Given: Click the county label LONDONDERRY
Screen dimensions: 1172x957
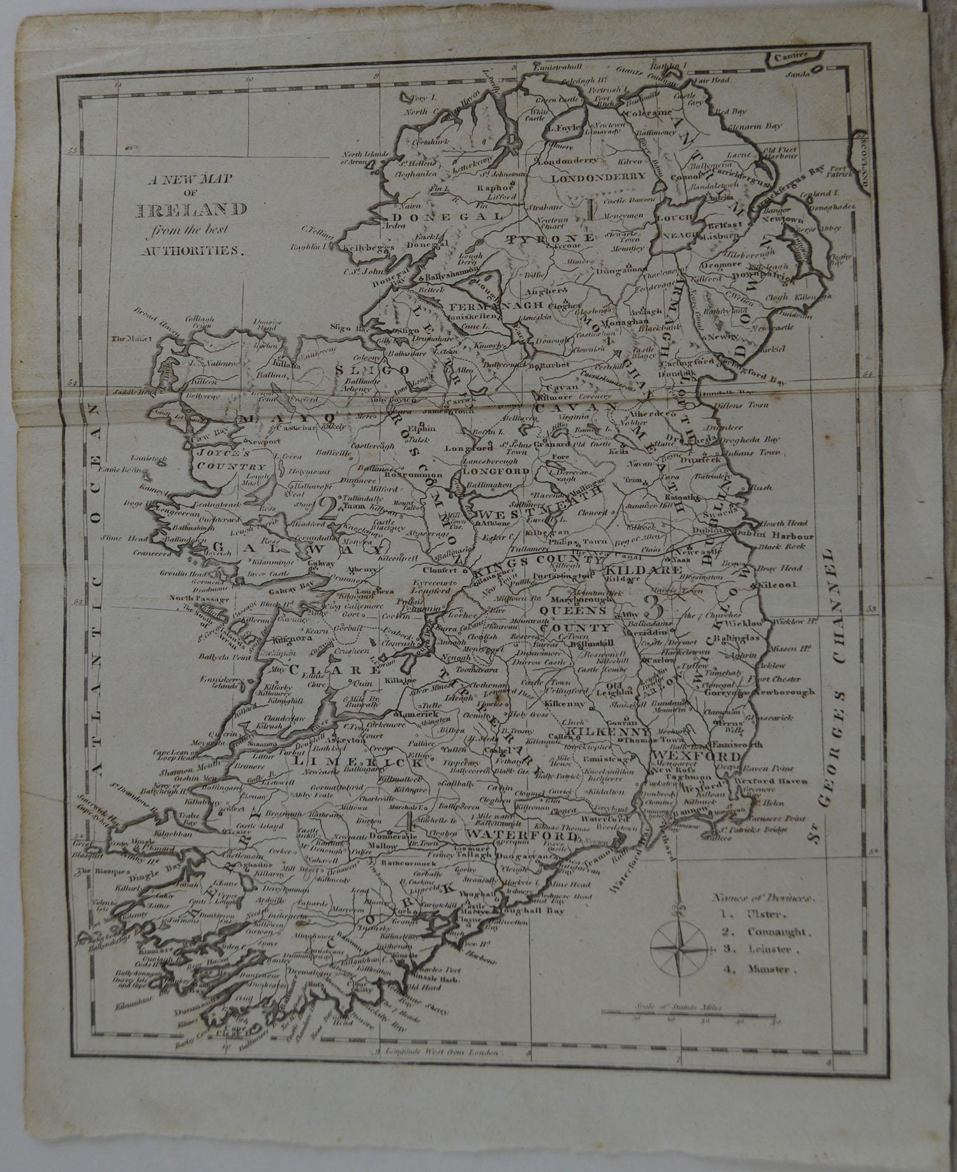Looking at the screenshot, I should pos(598,177).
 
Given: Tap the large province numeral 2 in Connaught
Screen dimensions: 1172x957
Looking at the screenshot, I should pos(330,508).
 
